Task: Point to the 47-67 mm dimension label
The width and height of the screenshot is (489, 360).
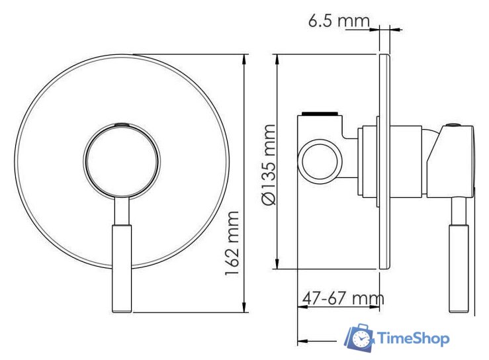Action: [x=343, y=298]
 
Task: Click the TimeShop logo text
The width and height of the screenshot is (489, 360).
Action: [x=414, y=338]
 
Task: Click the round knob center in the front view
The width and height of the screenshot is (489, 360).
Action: [x=122, y=160]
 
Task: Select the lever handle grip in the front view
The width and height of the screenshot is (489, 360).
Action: [x=122, y=268]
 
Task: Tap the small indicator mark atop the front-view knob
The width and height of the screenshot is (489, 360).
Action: [x=122, y=124]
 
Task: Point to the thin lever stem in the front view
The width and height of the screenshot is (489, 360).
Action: [x=122, y=210]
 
